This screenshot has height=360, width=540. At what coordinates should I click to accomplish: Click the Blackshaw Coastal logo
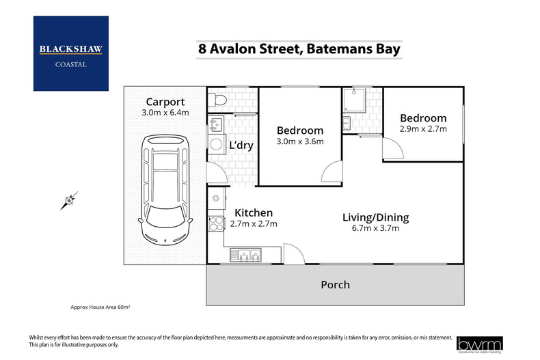click(70, 53)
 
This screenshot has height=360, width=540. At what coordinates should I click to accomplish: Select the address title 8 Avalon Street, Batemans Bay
click(299, 49)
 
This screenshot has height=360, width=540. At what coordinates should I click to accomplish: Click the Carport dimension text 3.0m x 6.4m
click(164, 113)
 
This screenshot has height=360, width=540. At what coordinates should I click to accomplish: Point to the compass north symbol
click(68, 201)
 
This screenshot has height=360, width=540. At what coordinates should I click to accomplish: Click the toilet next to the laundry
click(216, 100)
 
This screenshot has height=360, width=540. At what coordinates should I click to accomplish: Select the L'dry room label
click(241, 145)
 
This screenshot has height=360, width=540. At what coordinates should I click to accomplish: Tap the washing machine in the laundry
click(217, 144)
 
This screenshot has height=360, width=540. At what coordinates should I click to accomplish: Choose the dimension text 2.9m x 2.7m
click(423, 128)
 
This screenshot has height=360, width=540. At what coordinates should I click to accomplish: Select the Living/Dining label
click(375, 217)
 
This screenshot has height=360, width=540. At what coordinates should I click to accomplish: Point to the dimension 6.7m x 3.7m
click(375, 229)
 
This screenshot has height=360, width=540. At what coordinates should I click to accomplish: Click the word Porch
click(335, 284)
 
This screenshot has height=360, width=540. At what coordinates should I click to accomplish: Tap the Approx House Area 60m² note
click(100, 307)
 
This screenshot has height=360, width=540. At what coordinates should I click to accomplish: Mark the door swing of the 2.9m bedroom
click(390, 146)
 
